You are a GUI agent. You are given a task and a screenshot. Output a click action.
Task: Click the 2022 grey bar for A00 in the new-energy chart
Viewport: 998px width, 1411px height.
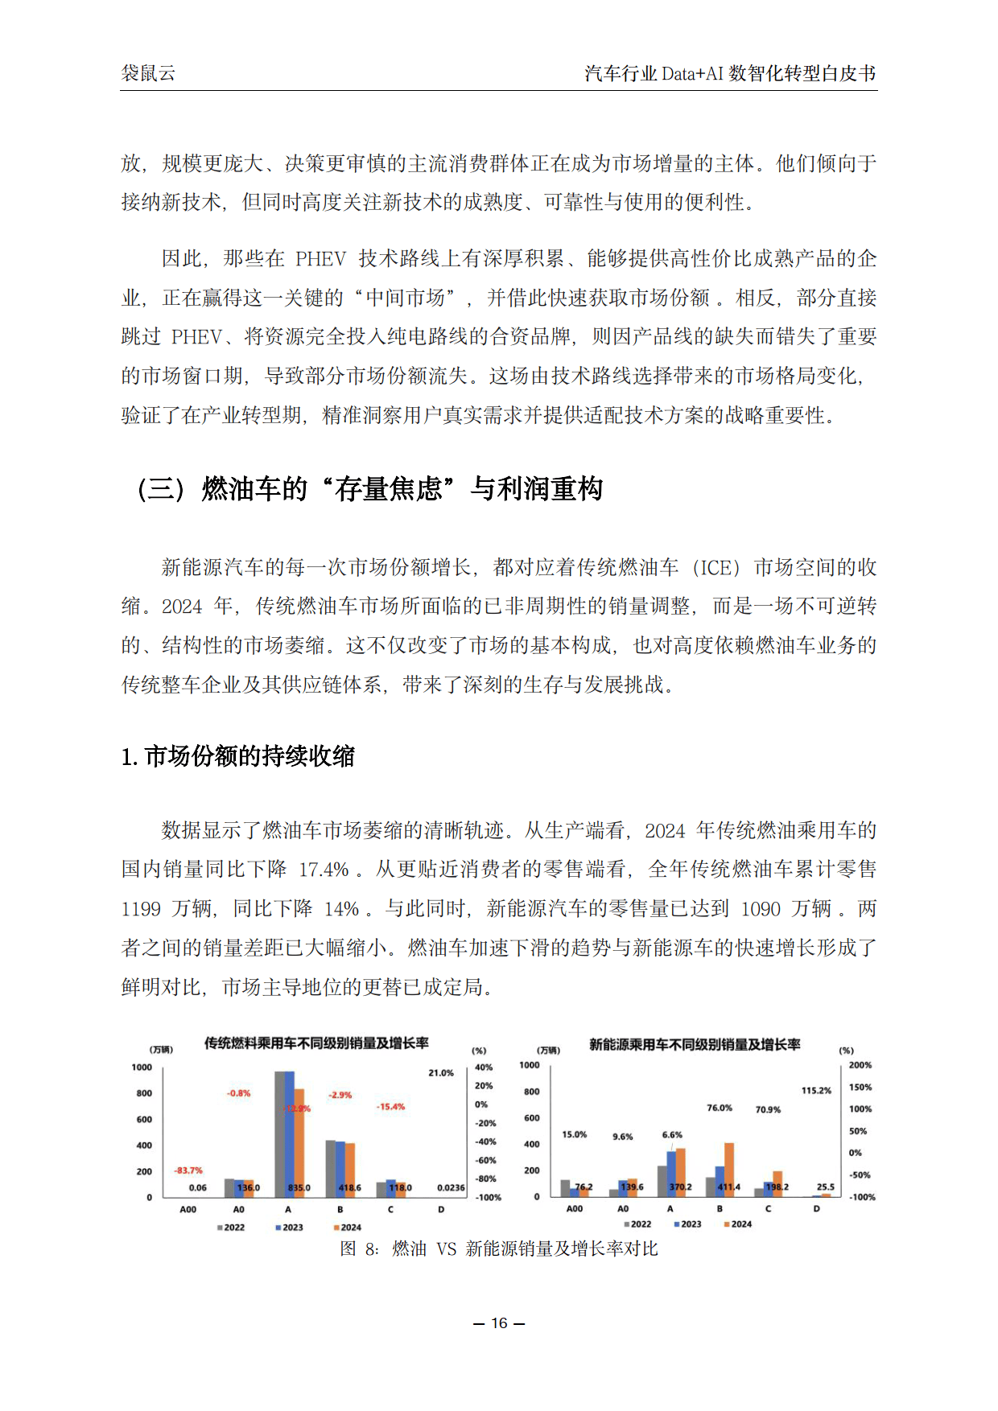(565, 1188)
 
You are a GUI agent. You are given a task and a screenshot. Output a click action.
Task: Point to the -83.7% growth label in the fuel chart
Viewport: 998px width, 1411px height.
(188, 1170)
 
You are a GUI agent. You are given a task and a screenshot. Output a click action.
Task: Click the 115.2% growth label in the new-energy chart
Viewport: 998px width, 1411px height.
(816, 1091)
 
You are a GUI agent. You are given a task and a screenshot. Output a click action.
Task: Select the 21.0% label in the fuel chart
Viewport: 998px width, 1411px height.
(441, 1073)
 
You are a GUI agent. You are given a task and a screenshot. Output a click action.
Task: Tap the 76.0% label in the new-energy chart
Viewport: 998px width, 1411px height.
(720, 1108)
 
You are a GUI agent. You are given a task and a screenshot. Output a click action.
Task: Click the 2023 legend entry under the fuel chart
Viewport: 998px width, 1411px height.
(289, 1228)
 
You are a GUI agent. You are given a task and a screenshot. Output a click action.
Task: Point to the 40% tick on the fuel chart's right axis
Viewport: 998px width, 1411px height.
(484, 1068)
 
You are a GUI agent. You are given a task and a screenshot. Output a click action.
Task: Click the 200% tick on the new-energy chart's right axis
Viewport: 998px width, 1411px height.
(860, 1065)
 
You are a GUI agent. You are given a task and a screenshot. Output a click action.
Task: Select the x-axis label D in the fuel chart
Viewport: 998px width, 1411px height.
(441, 1210)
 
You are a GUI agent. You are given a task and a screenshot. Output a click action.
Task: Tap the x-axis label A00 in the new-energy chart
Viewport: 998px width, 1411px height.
(575, 1209)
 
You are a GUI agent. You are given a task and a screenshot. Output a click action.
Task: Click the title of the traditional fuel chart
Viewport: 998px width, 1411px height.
(315, 1043)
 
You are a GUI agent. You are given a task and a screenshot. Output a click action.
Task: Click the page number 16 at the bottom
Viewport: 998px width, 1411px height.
(499, 1323)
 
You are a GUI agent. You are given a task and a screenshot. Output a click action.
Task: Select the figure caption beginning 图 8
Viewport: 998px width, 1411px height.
(499, 1249)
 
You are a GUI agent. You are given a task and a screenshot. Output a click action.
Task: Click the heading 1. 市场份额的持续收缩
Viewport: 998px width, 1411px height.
(238, 756)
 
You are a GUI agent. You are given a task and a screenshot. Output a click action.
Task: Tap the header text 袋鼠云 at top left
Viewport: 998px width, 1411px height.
(148, 73)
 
